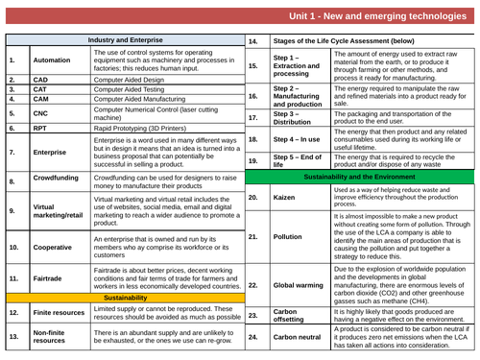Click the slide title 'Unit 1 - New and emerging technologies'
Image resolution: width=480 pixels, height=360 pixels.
coord(374,18)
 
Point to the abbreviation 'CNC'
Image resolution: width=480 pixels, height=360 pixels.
coord(40,111)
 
